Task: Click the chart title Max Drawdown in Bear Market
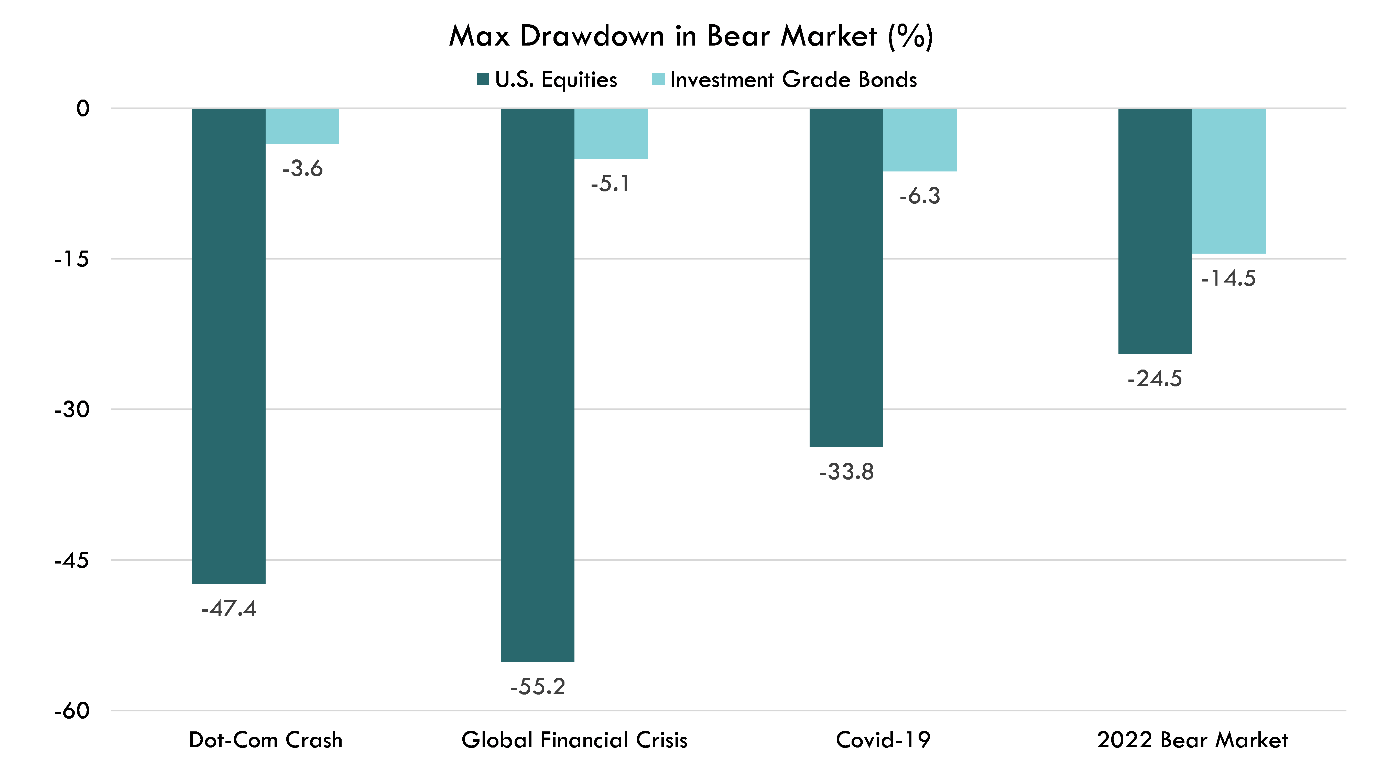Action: pyautogui.click(x=690, y=37)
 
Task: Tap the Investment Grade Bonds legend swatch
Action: pyautogui.click(x=658, y=79)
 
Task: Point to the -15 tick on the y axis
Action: pyautogui.click(x=71, y=259)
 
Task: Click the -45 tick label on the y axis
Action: pyautogui.click(x=71, y=560)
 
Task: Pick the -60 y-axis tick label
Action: pyautogui.click(x=71, y=711)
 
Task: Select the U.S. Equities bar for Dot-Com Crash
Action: pyautogui.click(x=228, y=346)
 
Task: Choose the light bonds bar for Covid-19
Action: pyautogui.click(x=920, y=140)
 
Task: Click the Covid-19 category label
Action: pyautogui.click(x=883, y=740)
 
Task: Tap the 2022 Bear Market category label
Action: pyautogui.click(x=1192, y=740)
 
